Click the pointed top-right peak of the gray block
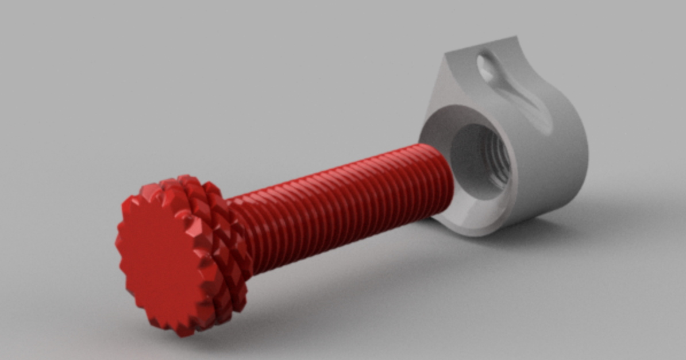coord(514,39)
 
